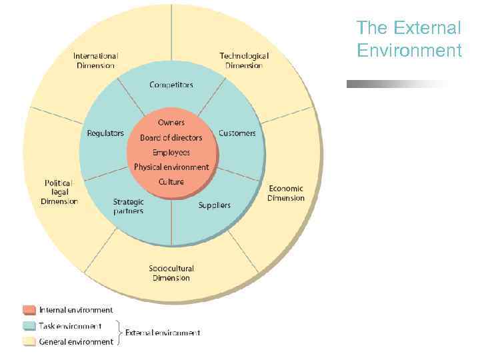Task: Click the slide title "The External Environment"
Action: tap(409, 39)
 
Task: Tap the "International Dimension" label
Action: tap(95, 61)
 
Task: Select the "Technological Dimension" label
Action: tap(244, 61)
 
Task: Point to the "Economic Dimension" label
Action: tap(286, 193)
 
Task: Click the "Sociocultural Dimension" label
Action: tap(171, 273)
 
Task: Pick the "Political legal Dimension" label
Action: tap(59, 192)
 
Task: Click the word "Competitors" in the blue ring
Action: tap(171, 85)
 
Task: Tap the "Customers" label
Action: tap(237, 133)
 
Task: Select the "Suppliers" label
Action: tap(215, 205)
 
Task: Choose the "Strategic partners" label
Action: tap(128, 206)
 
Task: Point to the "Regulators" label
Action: tap(105, 133)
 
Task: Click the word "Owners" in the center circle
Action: tap(171, 123)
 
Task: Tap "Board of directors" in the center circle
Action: tap(171, 138)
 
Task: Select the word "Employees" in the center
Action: tap(171, 153)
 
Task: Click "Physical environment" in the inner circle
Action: tap(171, 167)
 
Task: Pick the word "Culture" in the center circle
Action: tap(171, 182)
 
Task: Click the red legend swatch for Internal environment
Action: tap(29, 310)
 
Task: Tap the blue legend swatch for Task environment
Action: tap(29, 326)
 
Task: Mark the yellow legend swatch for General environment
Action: tap(29, 342)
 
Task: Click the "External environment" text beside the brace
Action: tap(163, 333)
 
